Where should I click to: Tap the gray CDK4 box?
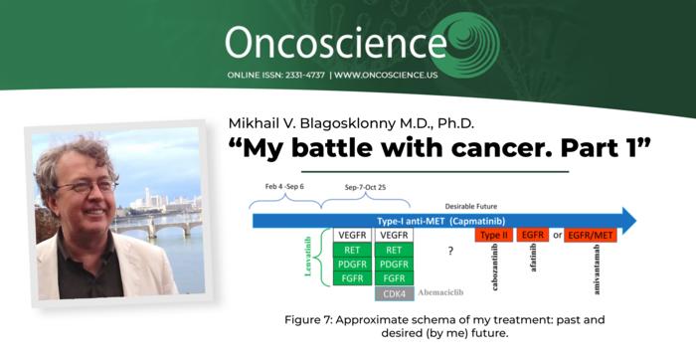click(394, 294)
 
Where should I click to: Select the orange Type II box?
click(494, 237)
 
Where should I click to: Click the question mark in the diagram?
click(450, 252)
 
